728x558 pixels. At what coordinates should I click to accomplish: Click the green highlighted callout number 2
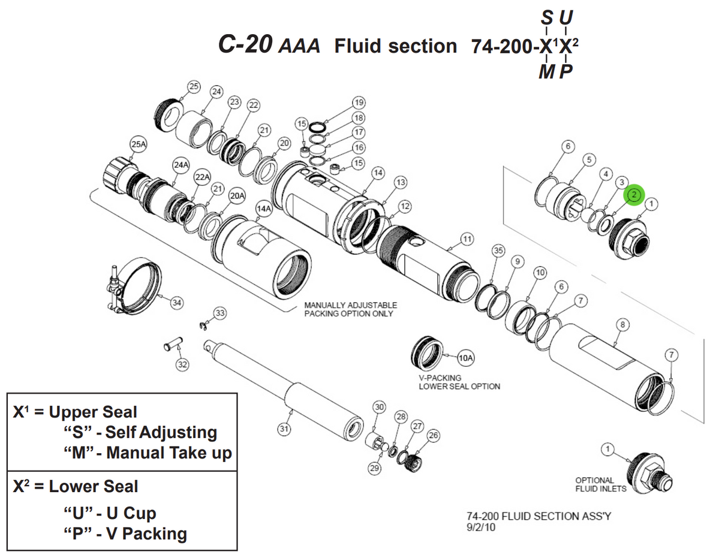(x=634, y=195)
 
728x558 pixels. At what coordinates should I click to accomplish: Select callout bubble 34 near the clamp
(x=176, y=303)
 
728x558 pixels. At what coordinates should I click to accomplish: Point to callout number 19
(x=359, y=102)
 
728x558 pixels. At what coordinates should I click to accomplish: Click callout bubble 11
(x=467, y=239)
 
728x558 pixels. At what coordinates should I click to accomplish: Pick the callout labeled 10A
(x=466, y=358)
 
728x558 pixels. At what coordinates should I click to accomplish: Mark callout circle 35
(x=497, y=250)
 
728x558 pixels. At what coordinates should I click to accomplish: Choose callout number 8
(x=623, y=324)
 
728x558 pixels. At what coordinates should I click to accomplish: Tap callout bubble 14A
(x=263, y=208)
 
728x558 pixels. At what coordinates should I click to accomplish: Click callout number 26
(x=433, y=435)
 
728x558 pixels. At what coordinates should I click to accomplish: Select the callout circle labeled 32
(x=182, y=364)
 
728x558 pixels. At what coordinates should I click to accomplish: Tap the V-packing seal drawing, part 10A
(x=426, y=354)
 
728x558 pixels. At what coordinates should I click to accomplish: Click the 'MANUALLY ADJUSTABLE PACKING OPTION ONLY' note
(x=350, y=309)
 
